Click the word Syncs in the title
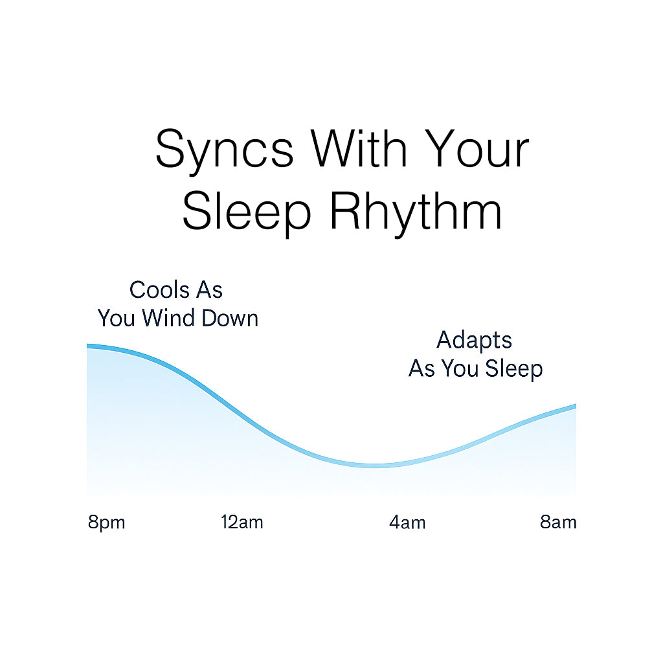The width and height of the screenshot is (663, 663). point(225,150)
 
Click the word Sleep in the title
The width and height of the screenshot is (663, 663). point(247,212)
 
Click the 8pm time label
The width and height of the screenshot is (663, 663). point(107,523)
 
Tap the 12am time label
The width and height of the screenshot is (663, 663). point(242,523)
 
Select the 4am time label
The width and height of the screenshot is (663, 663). point(407,523)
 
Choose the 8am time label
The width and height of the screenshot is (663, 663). point(558,523)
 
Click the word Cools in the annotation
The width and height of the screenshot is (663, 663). point(159,290)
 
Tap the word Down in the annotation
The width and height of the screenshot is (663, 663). point(230,318)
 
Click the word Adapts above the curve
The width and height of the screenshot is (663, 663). point(475,341)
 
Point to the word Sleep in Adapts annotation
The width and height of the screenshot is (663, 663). point(513,368)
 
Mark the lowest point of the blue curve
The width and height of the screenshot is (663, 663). point(376,466)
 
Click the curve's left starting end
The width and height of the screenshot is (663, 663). point(87,346)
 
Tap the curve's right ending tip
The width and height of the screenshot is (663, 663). point(576,407)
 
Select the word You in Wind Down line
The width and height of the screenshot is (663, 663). point(117,318)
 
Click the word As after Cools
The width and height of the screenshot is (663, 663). point(209,290)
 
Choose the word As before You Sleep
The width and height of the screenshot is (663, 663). point(422,368)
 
